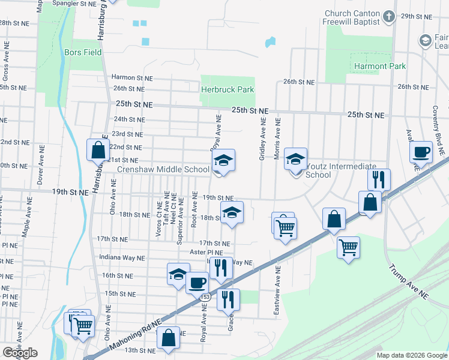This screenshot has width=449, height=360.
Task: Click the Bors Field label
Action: click(83, 52)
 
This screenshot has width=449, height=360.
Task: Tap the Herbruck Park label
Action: click(228, 89)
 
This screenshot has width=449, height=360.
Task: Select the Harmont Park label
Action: click(379, 66)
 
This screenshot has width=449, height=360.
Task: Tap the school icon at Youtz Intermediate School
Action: click(295, 160)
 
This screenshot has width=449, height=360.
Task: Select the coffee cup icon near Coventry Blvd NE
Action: click(421, 152)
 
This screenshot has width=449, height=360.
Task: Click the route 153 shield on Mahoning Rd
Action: click(205, 296)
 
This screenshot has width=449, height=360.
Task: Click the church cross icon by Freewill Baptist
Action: click(389, 16)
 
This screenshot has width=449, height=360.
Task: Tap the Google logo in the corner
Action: click(20, 352)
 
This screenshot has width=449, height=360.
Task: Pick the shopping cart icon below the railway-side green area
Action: click(348, 247)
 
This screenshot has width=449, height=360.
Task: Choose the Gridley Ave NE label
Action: click(262, 139)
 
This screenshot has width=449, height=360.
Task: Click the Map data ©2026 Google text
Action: click(412, 355)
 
